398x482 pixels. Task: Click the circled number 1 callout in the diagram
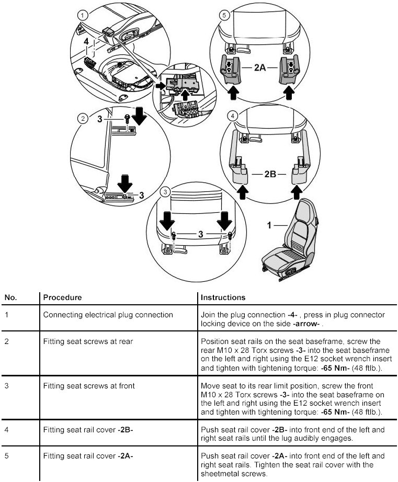point(82,15)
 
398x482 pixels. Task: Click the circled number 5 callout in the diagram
point(224,15)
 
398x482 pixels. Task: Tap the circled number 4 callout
point(233,114)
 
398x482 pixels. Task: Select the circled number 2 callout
point(83,119)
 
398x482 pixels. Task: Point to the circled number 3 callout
point(165,192)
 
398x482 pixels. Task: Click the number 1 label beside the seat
point(270,225)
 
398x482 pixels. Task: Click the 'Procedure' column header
point(62,297)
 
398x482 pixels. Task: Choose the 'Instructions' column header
point(223,297)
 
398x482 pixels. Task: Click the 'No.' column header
point(11,297)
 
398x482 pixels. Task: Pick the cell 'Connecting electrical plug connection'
point(108,315)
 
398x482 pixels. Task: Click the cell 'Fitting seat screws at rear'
point(88,341)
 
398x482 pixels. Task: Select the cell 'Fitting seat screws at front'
point(89,386)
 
